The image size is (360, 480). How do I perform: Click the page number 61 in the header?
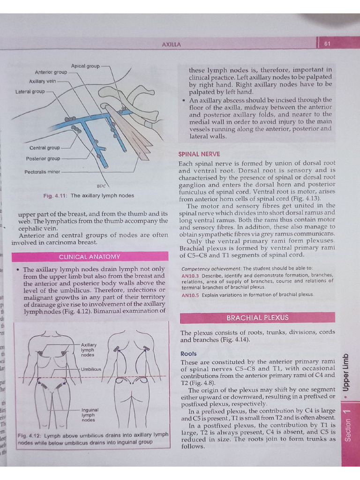tap(327, 44)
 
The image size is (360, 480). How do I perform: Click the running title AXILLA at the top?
tap(171, 45)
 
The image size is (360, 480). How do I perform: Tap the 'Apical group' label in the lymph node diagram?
tap(85, 66)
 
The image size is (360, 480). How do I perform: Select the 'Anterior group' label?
tap(51, 72)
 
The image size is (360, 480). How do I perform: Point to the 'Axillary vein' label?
tap(43, 82)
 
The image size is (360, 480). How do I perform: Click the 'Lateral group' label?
tap(30, 92)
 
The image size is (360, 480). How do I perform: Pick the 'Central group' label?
tap(45, 148)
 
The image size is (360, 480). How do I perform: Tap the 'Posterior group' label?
tap(43, 159)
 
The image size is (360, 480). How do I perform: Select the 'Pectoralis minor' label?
tap(42, 172)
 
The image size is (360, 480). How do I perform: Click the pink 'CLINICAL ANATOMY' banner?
tap(90, 257)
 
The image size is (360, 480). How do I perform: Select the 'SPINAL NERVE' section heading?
tap(199, 154)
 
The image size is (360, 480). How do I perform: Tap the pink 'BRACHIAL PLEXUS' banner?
tap(257, 318)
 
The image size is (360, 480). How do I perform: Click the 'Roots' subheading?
tap(188, 354)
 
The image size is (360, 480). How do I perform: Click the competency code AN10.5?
tap(190, 295)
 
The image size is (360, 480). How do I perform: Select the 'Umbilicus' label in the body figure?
tap(91, 369)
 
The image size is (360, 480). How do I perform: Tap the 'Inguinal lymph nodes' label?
tap(89, 415)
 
